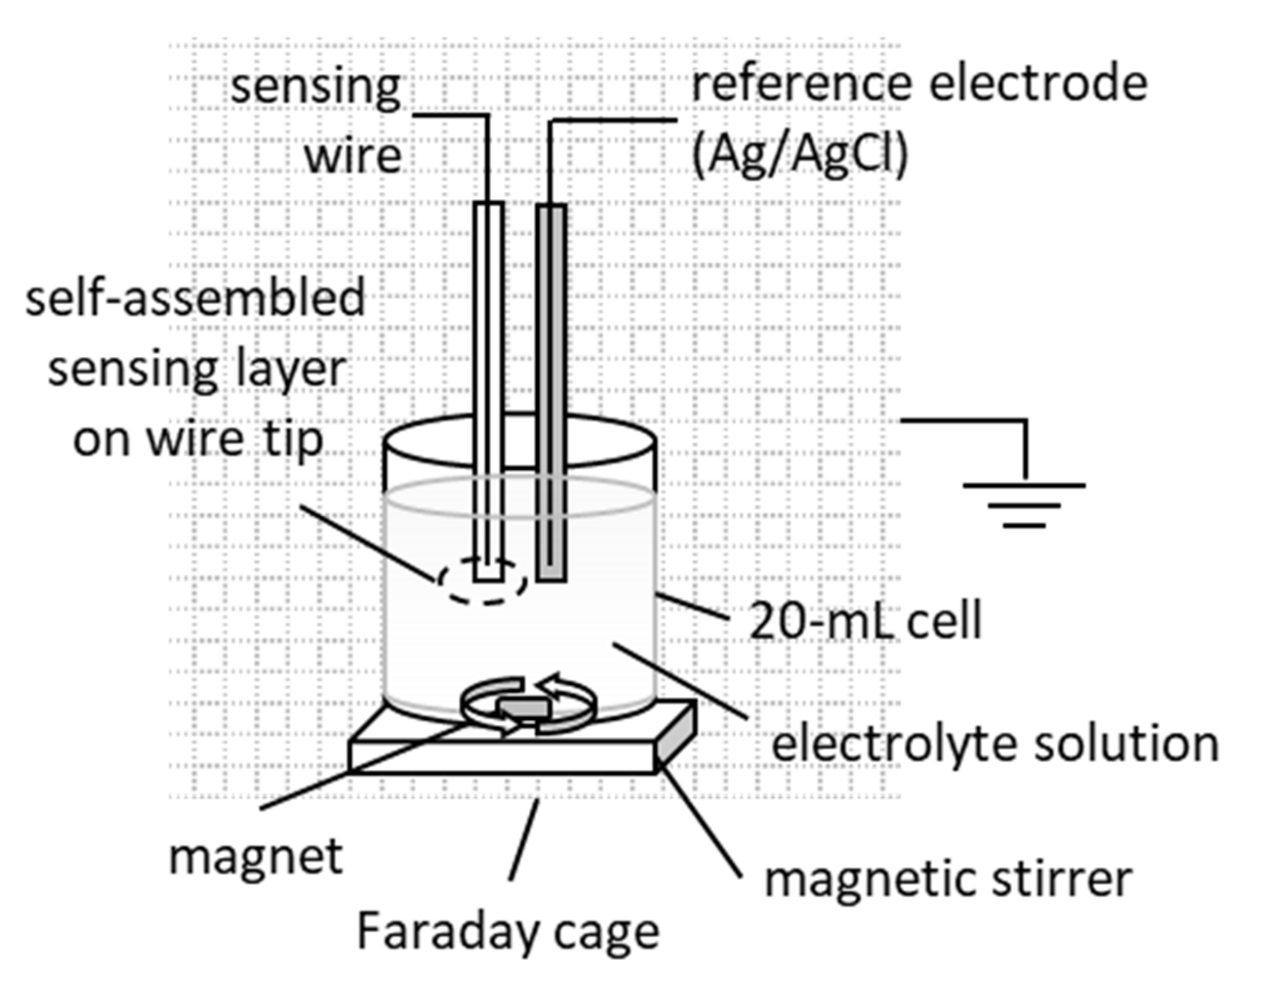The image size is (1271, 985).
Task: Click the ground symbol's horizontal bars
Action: [1024, 505]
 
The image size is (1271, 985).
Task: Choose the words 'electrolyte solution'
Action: [995, 744]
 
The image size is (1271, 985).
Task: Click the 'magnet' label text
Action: [256, 857]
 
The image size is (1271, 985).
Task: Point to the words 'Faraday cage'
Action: [507, 932]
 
